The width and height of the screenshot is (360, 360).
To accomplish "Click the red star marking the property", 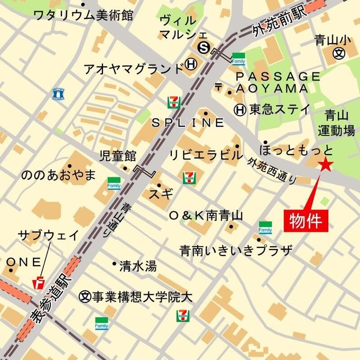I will click(325, 165).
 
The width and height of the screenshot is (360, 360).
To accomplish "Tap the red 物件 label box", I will click(306, 220).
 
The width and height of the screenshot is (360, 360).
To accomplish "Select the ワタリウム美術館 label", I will click(84, 15).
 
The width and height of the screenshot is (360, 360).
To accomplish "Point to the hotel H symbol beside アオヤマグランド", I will click(191, 66).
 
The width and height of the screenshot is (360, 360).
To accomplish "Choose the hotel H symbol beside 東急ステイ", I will click(240, 109).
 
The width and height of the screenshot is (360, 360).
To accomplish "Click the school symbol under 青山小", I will click(338, 53).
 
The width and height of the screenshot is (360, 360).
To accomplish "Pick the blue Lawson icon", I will click(58, 94).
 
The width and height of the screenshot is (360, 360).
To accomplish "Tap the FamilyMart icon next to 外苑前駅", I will click(238, 59).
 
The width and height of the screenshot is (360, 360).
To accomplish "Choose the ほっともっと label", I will click(297, 149).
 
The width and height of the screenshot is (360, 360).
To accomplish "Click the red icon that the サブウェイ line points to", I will click(40, 283).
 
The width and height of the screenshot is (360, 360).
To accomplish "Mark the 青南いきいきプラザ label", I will click(236, 250).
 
